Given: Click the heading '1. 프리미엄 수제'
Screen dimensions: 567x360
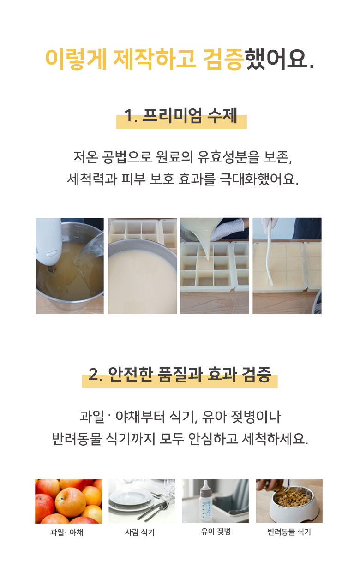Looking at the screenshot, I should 180,117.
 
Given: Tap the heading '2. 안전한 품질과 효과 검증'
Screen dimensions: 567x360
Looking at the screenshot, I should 180,375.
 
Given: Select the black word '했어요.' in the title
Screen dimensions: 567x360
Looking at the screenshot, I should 279,59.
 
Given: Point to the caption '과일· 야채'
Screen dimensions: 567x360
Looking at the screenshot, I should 67,532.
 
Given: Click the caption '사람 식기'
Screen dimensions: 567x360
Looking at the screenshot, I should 140,532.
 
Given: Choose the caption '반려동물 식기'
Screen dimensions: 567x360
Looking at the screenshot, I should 289,532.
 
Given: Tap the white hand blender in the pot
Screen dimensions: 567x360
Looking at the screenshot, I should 48,245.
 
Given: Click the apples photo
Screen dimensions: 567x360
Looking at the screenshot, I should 69,501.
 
